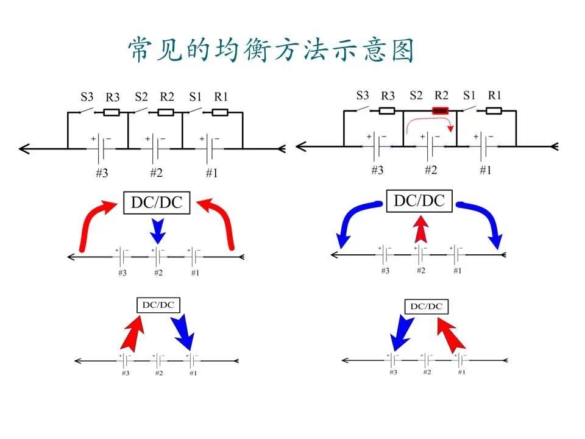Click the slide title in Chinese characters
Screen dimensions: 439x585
click(271, 50)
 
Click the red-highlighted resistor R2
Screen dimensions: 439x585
click(440, 110)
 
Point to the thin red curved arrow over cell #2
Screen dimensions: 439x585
click(429, 123)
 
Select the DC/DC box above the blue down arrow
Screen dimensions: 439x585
click(157, 202)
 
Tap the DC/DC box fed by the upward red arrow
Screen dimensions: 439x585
click(419, 201)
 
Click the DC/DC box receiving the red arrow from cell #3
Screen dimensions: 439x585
click(158, 304)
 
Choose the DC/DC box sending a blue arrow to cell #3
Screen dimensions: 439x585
click(426, 306)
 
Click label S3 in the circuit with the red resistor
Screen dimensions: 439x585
click(363, 95)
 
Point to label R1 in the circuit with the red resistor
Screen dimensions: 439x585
click(494, 95)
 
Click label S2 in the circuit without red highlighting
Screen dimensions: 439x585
click(141, 96)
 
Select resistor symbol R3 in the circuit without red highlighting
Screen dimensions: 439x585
click(111, 112)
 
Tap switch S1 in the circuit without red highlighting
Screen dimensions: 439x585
click(196, 111)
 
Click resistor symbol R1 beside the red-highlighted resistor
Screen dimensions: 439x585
click(494, 110)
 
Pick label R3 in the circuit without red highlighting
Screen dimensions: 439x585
click(113, 96)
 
